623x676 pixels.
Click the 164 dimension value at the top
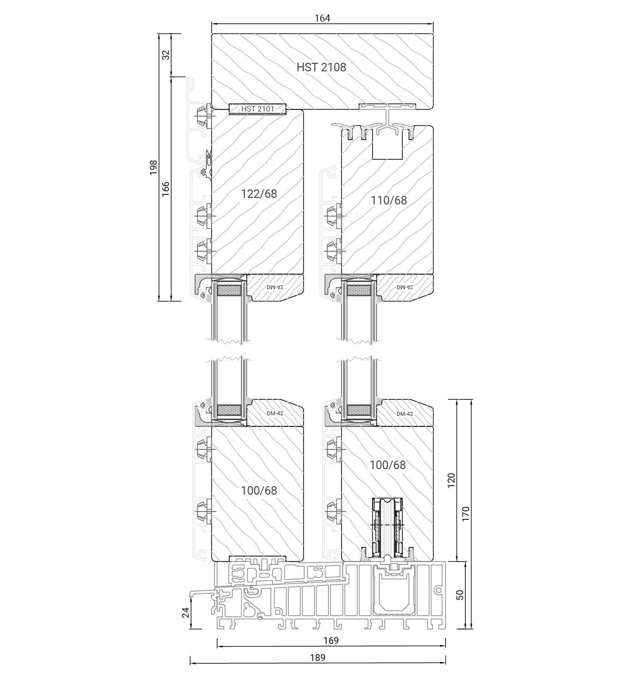tap(322, 18)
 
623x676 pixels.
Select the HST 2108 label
tap(321, 67)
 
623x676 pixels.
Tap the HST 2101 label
tap(258, 109)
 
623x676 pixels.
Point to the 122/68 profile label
tap(259, 194)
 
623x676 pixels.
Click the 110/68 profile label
tap(389, 200)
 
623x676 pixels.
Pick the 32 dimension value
tap(166, 55)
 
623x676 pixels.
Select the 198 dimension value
tap(153, 167)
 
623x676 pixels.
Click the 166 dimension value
tap(165, 189)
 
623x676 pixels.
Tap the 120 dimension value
tap(451, 480)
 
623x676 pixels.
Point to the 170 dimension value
tap(466, 514)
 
